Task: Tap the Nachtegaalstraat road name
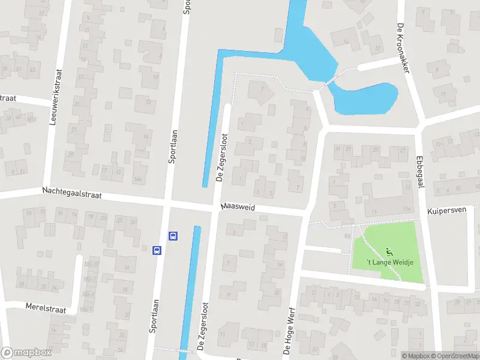[72, 193]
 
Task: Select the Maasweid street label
[238, 206]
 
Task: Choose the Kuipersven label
[446, 212]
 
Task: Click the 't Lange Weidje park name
[390, 262]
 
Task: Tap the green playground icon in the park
[389, 251]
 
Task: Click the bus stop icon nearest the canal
[173, 236]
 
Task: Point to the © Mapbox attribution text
[415, 356]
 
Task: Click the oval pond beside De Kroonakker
[365, 97]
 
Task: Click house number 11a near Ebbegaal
[406, 209]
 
